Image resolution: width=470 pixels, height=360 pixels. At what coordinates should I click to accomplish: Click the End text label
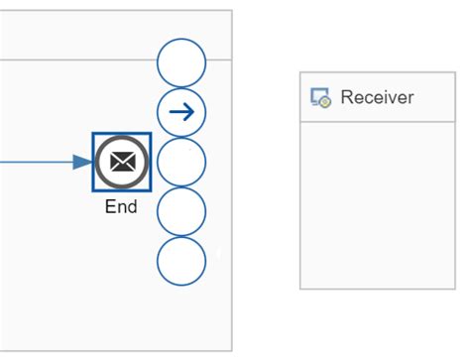tap(121, 207)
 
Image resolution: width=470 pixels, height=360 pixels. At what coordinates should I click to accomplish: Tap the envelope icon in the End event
tap(122, 162)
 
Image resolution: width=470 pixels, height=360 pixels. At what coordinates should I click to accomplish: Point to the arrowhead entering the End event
tap(83, 162)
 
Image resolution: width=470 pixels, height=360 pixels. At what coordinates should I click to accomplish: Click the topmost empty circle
tap(181, 63)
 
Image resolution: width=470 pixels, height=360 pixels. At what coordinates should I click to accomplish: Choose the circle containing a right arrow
tap(181, 113)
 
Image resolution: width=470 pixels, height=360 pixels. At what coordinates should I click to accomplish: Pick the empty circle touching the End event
tap(181, 162)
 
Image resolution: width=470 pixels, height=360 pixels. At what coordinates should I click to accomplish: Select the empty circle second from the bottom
tap(181, 210)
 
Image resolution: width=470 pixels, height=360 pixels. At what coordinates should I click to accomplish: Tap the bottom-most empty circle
tap(181, 260)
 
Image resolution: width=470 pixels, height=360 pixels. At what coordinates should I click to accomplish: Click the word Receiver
tap(377, 97)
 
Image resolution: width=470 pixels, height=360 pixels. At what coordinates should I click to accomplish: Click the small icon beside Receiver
tap(320, 97)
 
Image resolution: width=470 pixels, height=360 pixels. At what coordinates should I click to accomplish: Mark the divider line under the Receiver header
tap(378, 122)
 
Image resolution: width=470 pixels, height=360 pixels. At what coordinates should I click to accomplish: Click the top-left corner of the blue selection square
tap(94, 134)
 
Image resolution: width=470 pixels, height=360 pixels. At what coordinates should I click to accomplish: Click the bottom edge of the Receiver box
tap(378, 289)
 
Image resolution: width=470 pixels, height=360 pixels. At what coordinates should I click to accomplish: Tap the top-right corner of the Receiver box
tap(455, 72)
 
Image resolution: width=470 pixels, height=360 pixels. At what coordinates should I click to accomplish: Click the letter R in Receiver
tap(346, 97)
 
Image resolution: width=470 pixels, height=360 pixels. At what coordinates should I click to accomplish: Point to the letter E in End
tap(110, 207)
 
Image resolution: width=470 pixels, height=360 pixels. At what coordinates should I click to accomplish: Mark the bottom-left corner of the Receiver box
tap(300, 289)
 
